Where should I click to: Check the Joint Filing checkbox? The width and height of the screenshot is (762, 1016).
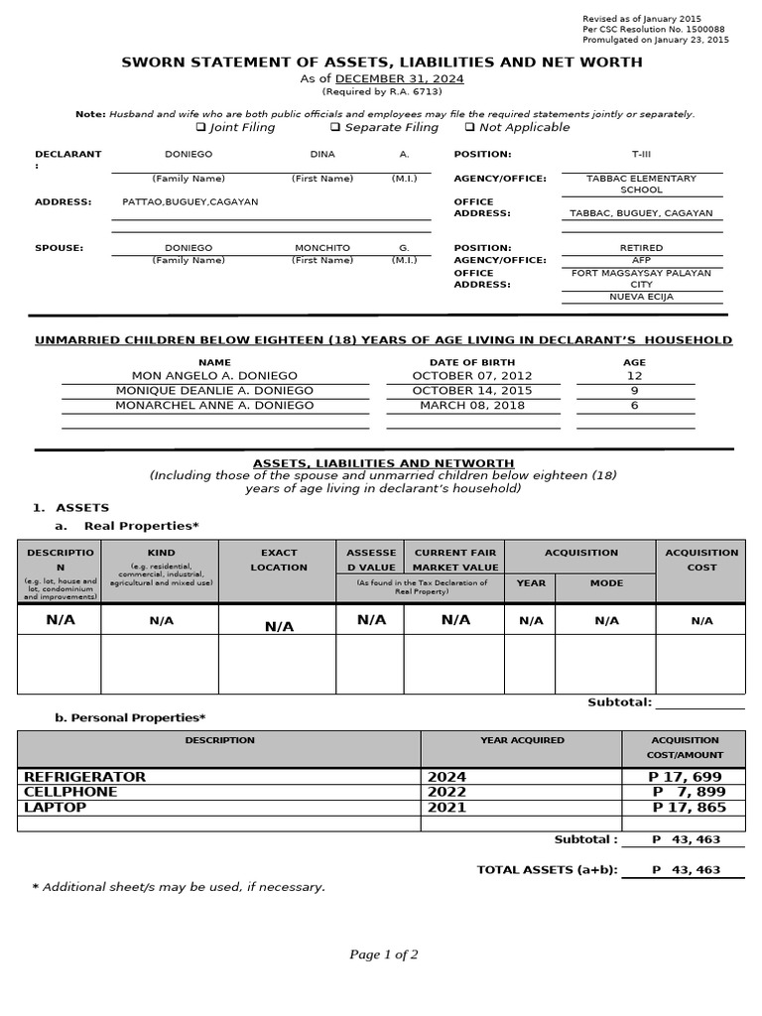point(201,127)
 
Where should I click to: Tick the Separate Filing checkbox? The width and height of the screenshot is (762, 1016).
point(335,127)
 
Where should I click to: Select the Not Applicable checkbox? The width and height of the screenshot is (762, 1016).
point(469,127)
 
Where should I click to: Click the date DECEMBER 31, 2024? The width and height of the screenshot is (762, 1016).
point(399,78)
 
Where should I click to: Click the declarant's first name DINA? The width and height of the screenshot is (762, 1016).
point(322,155)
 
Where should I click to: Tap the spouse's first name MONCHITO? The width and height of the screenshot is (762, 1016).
point(322,248)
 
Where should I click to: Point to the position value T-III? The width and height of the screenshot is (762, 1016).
point(642,155)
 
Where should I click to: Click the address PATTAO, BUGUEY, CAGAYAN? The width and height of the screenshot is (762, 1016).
point(190,201)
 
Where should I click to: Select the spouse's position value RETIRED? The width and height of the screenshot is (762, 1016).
point(641,248)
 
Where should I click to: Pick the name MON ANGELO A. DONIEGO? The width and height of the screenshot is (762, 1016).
point(214,376)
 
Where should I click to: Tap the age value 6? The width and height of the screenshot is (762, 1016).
point(634,405)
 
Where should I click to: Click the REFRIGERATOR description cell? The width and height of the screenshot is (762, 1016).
point(85,777)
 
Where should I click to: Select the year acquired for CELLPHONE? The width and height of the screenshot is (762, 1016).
point(446,792)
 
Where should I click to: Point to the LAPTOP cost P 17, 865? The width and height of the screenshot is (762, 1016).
point(689,808)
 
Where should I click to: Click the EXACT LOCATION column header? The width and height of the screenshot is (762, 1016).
point(279,560)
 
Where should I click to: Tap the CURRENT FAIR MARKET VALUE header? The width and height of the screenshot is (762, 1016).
point(455,560)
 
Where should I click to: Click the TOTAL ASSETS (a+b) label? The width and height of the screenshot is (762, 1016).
point(547,870)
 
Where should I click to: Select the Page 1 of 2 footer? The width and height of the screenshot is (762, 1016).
point(384,954)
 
